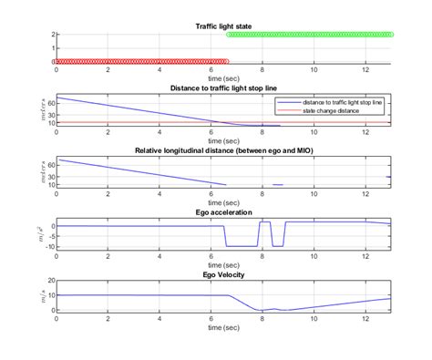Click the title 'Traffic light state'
[x=224, y=26]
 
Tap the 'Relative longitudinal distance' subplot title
[x=224, y=149]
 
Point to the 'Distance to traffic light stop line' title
[x=224, y=87]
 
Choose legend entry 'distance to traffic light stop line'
[x=345, y=103]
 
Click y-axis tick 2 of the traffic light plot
[x=52, y=34]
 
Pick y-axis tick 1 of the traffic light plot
[x=52, y=47]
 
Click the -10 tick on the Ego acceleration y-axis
[x=48, y=246]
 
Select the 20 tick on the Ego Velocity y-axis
[x=49, y=280]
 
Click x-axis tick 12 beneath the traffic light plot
[x=365, y=69]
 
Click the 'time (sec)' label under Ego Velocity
[x=224, y=324]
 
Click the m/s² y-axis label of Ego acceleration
[x=32, y=236]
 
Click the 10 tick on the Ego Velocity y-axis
[x=49, y=295]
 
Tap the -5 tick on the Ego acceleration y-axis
[x=49, y=236]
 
